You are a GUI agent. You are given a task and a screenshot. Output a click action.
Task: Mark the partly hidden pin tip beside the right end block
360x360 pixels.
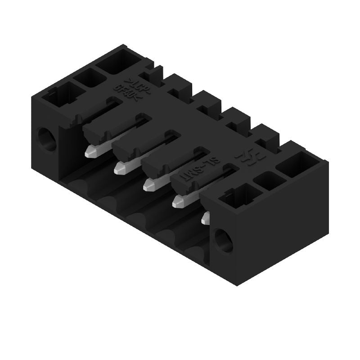pyautogui.click(x=206, y=218)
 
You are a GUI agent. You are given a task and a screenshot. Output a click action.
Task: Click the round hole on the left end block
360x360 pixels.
pyautogui.click(x=46, y=139)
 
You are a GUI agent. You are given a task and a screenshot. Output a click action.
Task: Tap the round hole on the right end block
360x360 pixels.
pyautogui.click(x=223, y=240)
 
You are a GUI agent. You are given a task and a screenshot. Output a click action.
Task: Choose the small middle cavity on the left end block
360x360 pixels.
pyautogui.click(x=92, y=79)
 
